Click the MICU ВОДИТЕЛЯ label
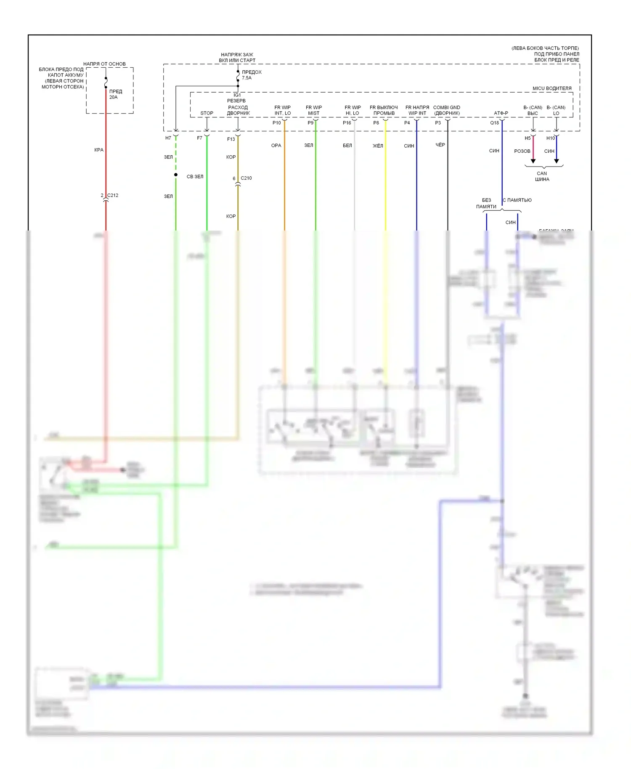[551, 88]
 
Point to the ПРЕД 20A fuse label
[115, 94]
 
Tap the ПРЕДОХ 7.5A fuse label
[251, 75]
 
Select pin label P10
[276, 123]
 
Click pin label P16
[347, 123]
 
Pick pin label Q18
[494, 123]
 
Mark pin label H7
[168, 138]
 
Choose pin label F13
[231, 139]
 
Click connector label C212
[112, 195]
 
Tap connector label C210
[246, 178]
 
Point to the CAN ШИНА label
[542, 176]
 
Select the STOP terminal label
[207, 113]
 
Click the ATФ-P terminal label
[501, 113]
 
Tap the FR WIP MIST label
[314, 110]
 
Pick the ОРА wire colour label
[276, 146]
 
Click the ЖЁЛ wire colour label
[378, 146]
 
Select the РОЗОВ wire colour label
[522, 151]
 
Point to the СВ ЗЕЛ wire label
[195, 177]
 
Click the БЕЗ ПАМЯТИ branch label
[486, 203]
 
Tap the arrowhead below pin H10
[556, 161]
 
